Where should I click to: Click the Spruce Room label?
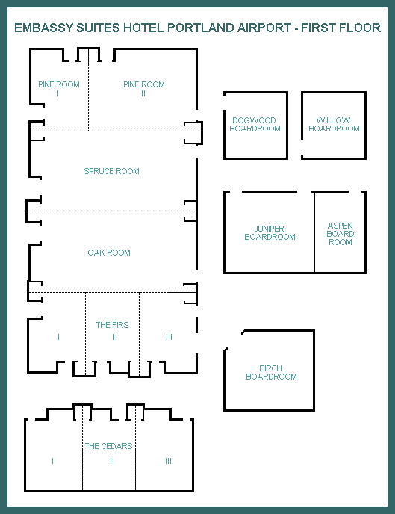click(111, 171)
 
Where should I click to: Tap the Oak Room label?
click(109, 253)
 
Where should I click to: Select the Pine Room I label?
click(59, 89)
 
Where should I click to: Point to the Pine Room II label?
click(144, 89)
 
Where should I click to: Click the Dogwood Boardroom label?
click(255, 124)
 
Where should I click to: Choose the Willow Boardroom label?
click(334, 124)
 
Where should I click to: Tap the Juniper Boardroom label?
click(270, 233)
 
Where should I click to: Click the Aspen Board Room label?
click(340, 234)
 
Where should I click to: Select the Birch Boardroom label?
click(271, 372)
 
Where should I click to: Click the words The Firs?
click(112, 325)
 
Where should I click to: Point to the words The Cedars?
click(109, 446)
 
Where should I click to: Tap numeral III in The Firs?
click(169, 337)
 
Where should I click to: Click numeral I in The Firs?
click(59, 337)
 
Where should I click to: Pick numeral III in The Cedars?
click(168, 461)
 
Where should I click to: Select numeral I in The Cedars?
click(53, 461)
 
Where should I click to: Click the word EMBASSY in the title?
click(44, 28)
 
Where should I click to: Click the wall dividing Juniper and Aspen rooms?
click(314, 232)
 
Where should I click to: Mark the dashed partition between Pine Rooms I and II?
click(88, 90)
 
